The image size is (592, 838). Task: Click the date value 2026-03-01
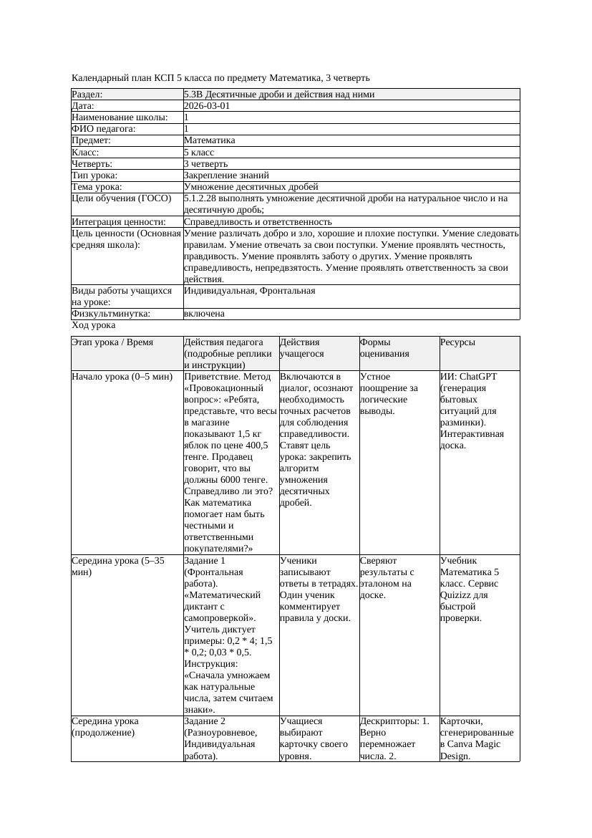[207, 106]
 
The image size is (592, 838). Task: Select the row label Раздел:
[87, 95]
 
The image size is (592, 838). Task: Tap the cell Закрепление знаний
[226, 175]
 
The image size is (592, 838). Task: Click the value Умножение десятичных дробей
[251, 187]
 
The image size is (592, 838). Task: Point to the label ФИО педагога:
[104, 129]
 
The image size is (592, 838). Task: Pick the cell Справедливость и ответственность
[258, 222]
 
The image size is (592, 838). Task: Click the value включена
[204, 314]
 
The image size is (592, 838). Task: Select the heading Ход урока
[93, 326]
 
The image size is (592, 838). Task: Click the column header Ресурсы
[457, 343]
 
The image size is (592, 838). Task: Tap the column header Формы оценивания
[384, 348]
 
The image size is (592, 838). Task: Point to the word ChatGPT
[478, 377]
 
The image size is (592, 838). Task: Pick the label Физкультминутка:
[110, 314]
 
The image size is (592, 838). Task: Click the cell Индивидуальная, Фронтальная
[249, 291]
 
